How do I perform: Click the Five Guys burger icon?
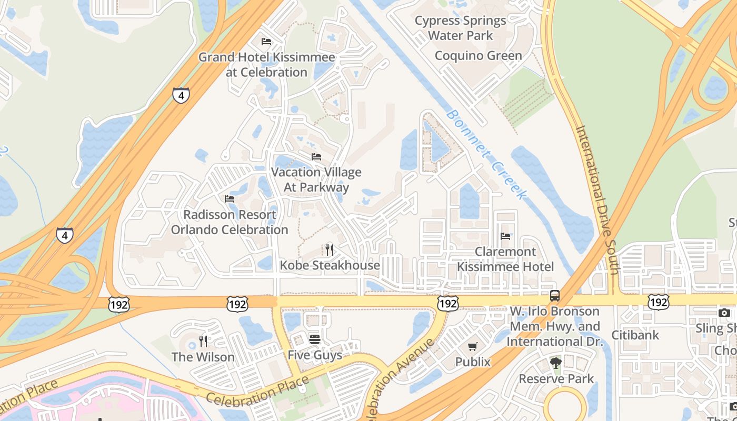314,339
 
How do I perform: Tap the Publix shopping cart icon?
473,346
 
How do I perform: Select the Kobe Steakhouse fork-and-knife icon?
330,249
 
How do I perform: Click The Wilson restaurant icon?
203,342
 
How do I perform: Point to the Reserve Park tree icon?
556,363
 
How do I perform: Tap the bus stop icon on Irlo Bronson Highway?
555,296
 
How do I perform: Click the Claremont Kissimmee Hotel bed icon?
505,236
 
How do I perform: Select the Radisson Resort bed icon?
230,199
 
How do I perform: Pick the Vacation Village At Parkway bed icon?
316,157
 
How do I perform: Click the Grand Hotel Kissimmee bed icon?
266,41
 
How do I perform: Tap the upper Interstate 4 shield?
181,95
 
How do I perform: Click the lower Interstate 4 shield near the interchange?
64,235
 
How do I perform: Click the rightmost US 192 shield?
658,302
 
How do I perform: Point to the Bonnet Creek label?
485,154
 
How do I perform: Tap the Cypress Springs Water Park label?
460,28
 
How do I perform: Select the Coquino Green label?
478,56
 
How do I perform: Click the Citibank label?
635,335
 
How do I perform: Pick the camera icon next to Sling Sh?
724,313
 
